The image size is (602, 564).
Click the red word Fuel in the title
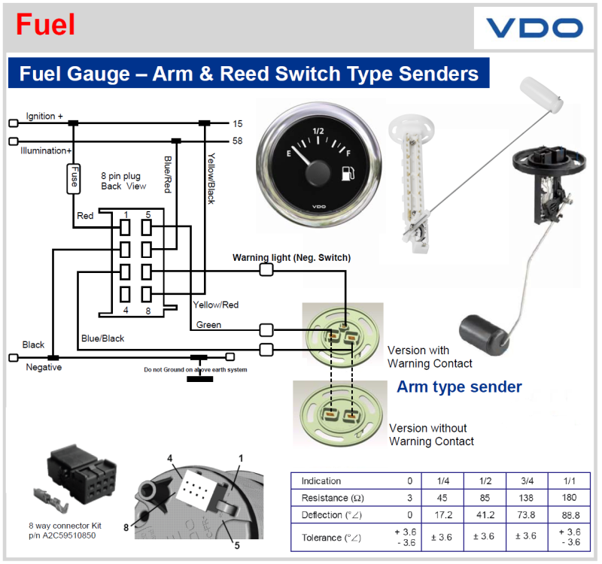[x=46, y=25]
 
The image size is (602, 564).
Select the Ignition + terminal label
[x=44, y=117]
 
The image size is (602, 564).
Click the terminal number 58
[x=237, y=141]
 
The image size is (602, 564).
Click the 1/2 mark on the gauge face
[x=318, y=131]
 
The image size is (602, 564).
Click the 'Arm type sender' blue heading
[x=459, y=387]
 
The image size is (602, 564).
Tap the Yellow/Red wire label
[x=215, y=305]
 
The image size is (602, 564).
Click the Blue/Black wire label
[x=102, y=338]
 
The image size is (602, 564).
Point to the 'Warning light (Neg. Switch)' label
[x=291, y=258]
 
